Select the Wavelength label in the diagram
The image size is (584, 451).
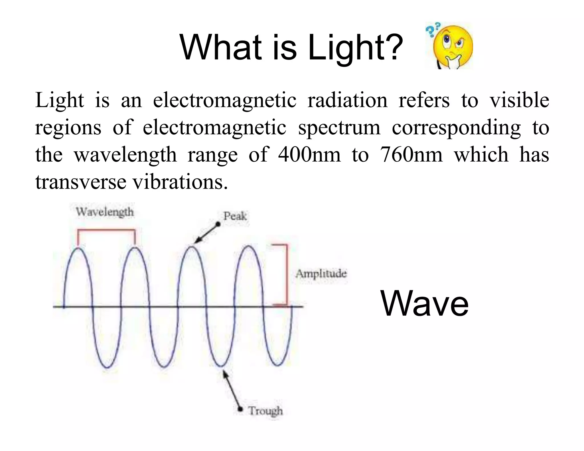coord(105,212)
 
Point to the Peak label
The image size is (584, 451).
coord(235,216)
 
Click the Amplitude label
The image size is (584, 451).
coord(321,274)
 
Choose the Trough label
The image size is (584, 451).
coord(265,411)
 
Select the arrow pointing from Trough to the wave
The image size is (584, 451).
coord(233,389)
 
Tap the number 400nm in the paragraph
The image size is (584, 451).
coord(309,155)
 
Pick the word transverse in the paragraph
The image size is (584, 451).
coord(81,182)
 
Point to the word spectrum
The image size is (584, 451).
coord(339,128)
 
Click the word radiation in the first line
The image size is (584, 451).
coord(347,100)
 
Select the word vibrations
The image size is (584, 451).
coord(180,182)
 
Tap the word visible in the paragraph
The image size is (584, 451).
coord(519,100)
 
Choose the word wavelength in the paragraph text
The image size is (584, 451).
coord(125,155)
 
